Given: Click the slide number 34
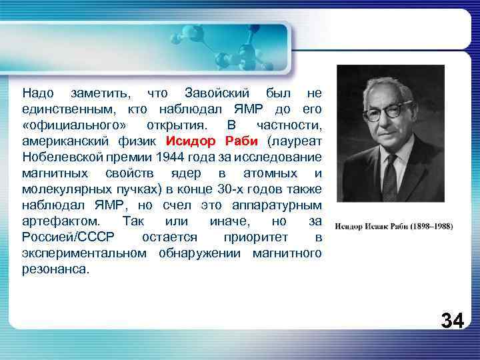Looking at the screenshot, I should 452,320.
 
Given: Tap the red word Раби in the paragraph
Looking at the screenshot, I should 242,141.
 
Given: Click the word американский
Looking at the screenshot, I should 65,141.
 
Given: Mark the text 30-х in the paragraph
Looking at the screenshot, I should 231,189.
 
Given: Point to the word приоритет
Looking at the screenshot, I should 252,237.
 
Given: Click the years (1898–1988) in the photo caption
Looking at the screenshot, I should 427,226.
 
